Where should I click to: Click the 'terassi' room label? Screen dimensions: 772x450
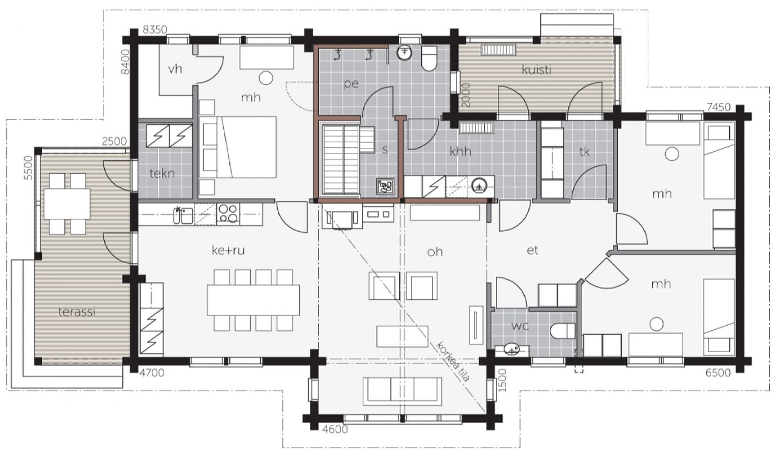coord(76,312)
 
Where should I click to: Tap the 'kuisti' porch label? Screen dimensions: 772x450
coord(536,70)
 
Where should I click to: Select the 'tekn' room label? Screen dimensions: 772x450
coord(162,173)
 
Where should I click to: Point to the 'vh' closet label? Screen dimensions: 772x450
coord(175,69)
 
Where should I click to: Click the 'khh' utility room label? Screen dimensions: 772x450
coord(461,151)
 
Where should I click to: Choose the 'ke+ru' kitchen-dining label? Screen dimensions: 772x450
coord(228,250)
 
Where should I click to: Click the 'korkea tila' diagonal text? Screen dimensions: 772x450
coord(453,361)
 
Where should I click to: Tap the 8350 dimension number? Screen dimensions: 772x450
coord(155,30)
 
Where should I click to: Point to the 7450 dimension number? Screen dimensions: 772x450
coord(719,107)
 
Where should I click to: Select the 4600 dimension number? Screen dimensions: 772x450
coord(335,429)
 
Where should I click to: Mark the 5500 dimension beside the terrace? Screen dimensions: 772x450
coord(28,168)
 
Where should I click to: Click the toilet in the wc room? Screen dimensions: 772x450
coord(562,331)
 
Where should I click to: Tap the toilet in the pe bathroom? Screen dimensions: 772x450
coord(429,58)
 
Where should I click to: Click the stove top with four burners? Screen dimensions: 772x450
coord(228,213)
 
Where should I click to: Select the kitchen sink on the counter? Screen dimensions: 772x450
coord(183,215)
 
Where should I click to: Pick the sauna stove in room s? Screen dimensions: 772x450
coord(385,187)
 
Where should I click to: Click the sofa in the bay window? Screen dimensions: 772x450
coord(402,391)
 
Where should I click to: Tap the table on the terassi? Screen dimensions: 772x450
coord(67,204)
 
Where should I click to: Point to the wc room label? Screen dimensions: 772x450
coord(520,326)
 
